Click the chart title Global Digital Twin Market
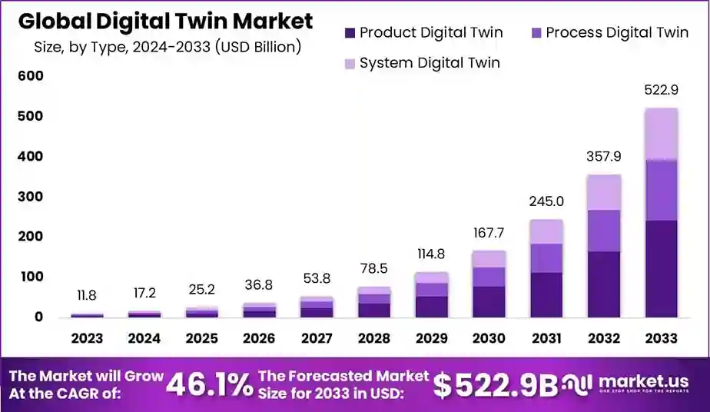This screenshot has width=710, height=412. [165, 21]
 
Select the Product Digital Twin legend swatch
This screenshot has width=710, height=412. [350, 32]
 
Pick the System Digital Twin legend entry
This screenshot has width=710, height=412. [421, 63]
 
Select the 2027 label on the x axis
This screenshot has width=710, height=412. [317, 338]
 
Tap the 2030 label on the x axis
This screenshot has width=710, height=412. [489, 338]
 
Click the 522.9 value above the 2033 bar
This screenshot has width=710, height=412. [661, 90]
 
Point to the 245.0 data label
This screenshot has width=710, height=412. [546, 201]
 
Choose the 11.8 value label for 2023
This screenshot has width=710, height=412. [87, 296]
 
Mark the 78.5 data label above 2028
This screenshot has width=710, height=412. [374, 269]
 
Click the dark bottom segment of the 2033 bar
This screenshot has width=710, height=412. [661, 269]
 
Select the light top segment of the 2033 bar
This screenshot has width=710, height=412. [661, 134]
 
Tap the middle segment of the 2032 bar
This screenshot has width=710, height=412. [603, 231]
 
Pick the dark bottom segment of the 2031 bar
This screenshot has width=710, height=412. [546, 294]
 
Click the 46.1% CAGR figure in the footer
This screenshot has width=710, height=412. [209, 384]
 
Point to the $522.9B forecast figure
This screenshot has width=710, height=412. [496, 385]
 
